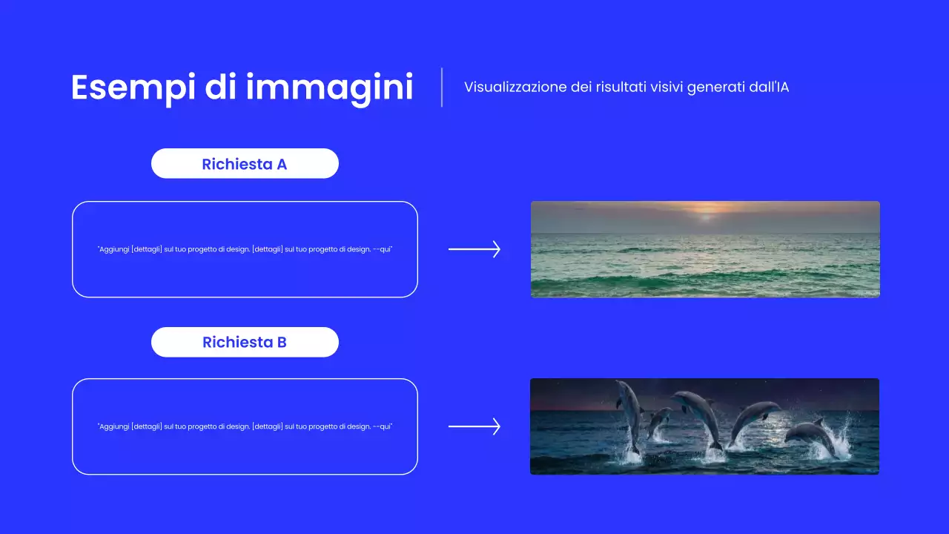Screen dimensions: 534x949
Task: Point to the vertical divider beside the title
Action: (x=442, y=88)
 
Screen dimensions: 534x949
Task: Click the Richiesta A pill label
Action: (x=245, y=164)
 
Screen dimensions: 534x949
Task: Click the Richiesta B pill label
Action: (x=245, y=342)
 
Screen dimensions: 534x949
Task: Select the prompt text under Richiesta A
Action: (x=245, y=249)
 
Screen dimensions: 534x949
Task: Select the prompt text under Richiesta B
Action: (x=245, y=426)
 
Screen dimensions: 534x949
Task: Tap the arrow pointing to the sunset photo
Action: (x=474, y=249)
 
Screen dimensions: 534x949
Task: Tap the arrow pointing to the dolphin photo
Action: (x=474, y=426)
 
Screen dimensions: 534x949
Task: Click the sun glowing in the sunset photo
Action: (x=705, y=214)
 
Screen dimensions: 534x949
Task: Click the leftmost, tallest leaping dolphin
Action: (x=630, y=412)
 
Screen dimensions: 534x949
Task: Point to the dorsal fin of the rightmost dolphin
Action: (x=819, y=421)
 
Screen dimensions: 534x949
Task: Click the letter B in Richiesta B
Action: (x=282, y=342)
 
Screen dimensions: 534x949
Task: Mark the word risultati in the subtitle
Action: (x=621, y=87)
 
